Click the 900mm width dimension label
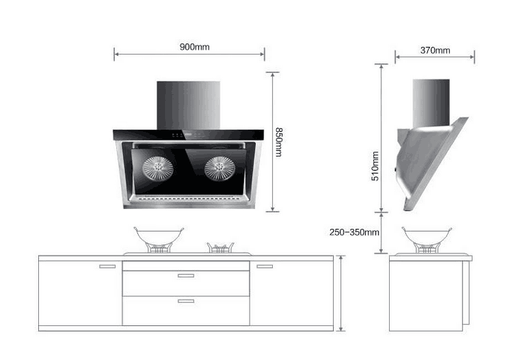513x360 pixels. [x=194, y=47]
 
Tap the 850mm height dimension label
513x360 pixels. [x=278, y=142]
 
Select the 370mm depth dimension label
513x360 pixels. [x=435, y=50]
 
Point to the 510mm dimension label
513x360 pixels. [x=375, y=166]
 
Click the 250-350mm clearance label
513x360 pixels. [x=354, y=232]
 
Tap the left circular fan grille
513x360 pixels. [x=158, y=168]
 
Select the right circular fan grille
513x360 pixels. [x=220, y=168]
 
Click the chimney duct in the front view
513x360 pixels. [x=188, y=106]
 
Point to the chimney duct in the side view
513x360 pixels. [x=431, y=103]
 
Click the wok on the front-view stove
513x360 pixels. [x=159, y=236]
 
